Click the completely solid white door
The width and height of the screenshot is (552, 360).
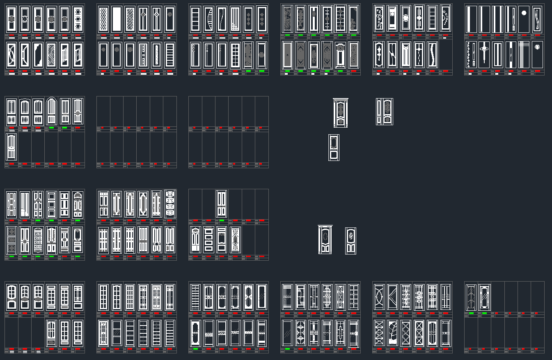(x=117, y=19)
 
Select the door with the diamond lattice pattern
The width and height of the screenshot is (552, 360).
(x=103, y=19)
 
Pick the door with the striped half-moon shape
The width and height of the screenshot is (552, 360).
(x=208, y=19)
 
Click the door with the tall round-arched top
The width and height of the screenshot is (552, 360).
(x=51, y=111)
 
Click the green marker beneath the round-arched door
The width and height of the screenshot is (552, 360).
(x=51, y=128)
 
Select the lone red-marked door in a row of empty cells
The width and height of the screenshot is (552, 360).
(x=11, y=147)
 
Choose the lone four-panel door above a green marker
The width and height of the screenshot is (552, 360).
(x=222, y=204)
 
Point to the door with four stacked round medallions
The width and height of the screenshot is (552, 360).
(x=169, y=204)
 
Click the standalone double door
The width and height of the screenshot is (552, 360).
(x=385, y=112)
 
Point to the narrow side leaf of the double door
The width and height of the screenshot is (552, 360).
(x=379, y=112)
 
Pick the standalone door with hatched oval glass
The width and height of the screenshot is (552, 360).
(x=350, y=241)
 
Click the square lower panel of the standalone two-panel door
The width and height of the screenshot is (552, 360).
(x=334, y=155)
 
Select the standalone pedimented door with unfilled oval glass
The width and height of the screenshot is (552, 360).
(x=325, y=240)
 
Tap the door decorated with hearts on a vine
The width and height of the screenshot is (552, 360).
(x=379, y=19)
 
